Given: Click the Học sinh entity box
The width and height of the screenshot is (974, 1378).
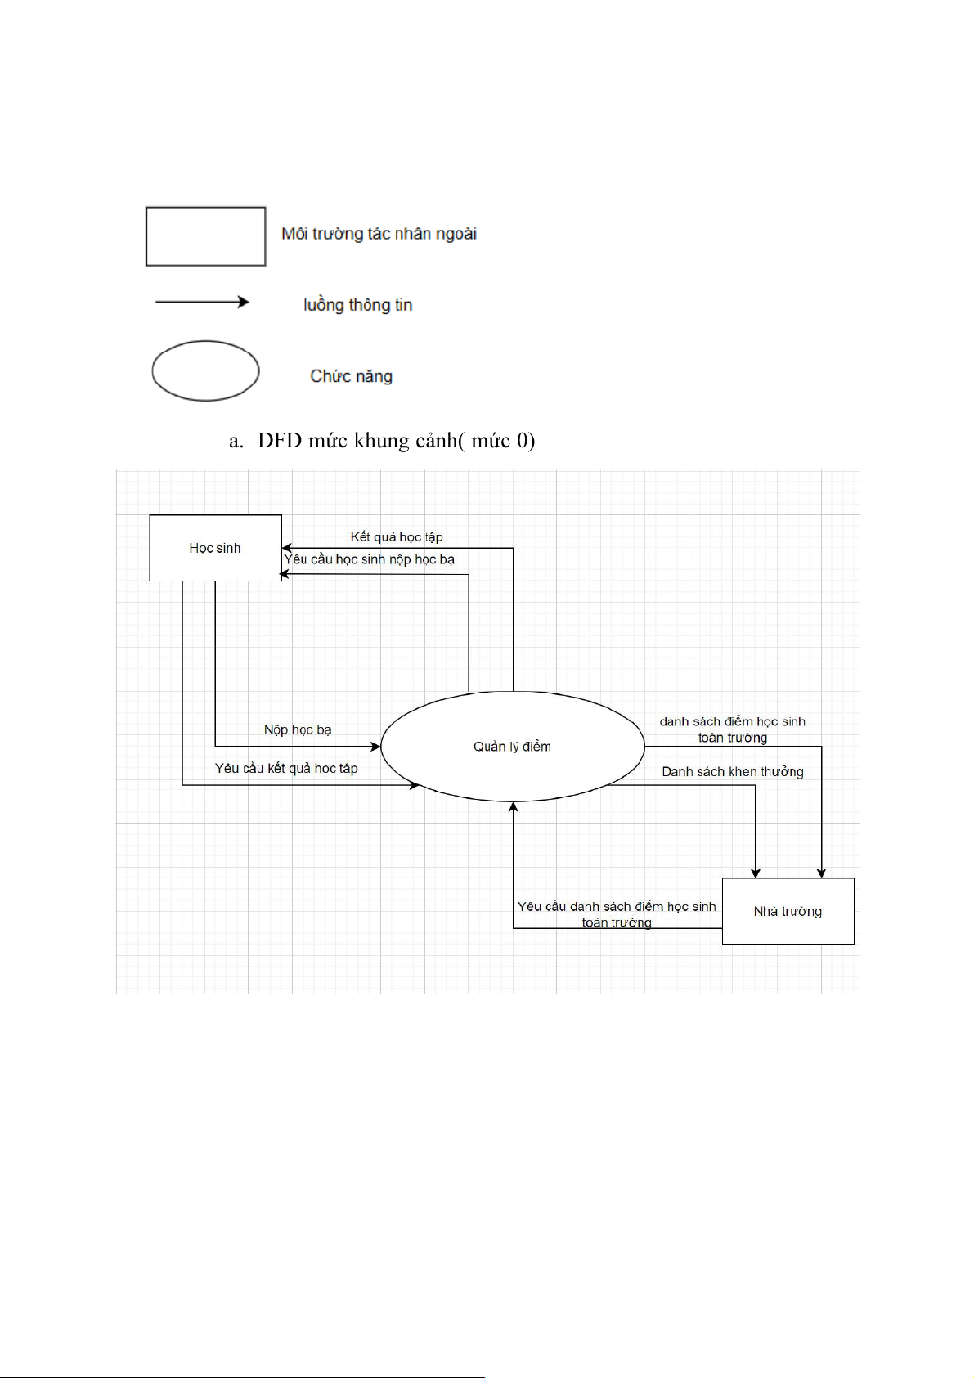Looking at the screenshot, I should point(215,548).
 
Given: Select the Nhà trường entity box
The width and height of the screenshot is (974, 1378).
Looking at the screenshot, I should point(788,911).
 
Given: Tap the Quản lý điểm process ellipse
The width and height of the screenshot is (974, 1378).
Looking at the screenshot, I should point(513,746).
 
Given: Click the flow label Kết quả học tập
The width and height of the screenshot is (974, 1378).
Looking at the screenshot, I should point(397,537).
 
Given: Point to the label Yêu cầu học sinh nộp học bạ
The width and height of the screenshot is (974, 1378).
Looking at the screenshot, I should point(369,559).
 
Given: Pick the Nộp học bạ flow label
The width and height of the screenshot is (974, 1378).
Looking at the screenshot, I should point(298,729).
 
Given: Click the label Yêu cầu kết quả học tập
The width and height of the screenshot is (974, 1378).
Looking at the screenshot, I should point(286,768).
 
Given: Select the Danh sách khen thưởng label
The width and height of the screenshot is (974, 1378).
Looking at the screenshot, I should point(733,771).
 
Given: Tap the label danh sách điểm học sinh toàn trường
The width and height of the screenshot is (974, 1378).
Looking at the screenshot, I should point(733,729).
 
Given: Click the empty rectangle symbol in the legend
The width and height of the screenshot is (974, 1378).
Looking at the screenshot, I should point(205,236).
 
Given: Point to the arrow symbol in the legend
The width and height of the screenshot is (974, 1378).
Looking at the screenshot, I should point(202,302).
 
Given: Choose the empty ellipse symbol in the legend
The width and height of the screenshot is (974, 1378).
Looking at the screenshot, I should point(205,371).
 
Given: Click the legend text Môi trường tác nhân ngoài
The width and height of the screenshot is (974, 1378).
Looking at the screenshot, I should point(379,234).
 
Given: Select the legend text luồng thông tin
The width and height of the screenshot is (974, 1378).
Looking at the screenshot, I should point(357,305).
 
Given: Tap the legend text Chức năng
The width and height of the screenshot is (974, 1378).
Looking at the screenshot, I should point(351,376).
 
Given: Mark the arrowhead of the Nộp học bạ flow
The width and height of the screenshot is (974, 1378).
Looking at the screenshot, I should point(376,746).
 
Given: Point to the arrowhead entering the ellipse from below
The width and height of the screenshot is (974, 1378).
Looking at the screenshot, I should point(513,807).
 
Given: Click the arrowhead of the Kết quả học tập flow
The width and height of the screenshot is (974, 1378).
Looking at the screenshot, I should point(287,548).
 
